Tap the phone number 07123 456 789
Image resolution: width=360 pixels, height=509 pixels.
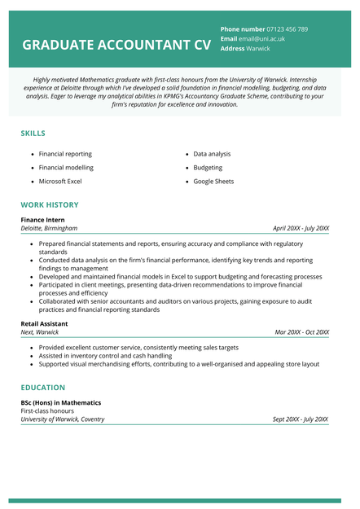tap(288, 29)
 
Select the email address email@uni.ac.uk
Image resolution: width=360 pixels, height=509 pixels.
tap(262, 38)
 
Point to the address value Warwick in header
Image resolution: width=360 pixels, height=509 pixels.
tap(258, 48)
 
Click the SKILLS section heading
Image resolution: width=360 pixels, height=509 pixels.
tap(33, 133)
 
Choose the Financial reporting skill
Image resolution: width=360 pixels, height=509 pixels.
tap(65, 154)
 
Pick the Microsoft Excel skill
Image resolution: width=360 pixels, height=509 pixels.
tap(60, 182)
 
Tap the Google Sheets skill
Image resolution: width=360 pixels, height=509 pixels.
tap(213, 182)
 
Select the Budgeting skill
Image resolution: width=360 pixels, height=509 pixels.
tap(208, 168)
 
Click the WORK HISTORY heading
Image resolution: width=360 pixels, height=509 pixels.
tap(50, 204)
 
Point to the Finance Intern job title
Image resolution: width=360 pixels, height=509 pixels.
tap(43, 220)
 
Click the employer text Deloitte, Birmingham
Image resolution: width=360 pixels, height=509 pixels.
tap(50, 229)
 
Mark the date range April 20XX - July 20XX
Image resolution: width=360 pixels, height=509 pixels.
tap(301, 229)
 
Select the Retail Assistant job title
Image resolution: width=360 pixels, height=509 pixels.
tap(45, 323)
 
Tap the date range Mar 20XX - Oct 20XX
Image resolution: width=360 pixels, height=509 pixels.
tap(301, 332)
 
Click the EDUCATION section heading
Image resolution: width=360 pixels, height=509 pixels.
tap(43, 388)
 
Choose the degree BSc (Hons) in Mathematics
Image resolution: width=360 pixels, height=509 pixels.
tap(61, 402)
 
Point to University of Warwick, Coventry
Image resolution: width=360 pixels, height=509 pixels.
tap(63, 419)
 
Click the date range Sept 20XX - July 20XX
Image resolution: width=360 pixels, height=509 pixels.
tap(301, 419)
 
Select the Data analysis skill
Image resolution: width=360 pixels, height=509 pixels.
tap(212, 154)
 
